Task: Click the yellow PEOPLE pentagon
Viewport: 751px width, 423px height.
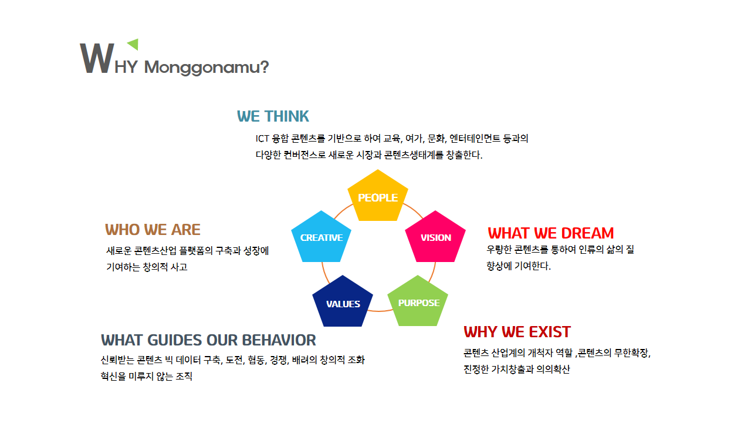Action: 378,196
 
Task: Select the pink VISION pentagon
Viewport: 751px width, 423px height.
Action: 435,237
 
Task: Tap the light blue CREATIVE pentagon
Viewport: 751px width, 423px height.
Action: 321,237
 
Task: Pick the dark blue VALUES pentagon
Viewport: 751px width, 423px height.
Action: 343,302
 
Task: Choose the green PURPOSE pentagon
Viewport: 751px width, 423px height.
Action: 418,302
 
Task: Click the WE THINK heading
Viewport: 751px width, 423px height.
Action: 273,116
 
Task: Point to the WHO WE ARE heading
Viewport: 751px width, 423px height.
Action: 153,230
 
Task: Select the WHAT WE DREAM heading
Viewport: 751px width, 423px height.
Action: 550,233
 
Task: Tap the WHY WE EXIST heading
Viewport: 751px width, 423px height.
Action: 517,332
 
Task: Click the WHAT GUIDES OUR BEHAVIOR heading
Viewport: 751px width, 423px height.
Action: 208,340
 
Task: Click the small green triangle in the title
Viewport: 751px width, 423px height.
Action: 134,44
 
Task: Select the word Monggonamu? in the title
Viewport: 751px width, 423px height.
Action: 207,68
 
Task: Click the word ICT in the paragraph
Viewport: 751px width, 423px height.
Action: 262,139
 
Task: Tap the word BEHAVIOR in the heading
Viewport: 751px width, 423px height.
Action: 279,340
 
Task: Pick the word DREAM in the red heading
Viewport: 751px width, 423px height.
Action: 587,233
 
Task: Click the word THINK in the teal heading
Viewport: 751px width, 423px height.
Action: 286,116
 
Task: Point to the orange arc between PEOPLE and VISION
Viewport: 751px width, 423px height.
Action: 414,210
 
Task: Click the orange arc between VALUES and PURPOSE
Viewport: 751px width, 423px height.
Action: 380,311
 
